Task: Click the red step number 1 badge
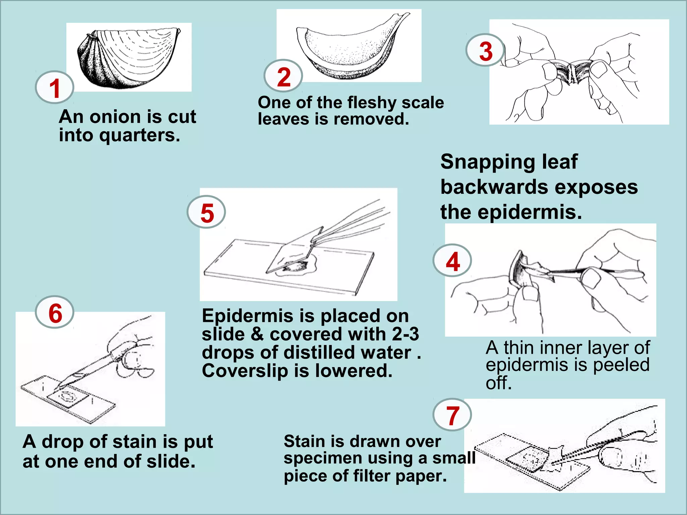pos(54,87)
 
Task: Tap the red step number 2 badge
pos(283,76)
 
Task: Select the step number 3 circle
pos(485,50)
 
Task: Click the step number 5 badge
pos(206,212)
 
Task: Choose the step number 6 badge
pos(55,312)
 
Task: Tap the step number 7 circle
pos(452,415)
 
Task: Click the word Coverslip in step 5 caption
pos(245,371)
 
